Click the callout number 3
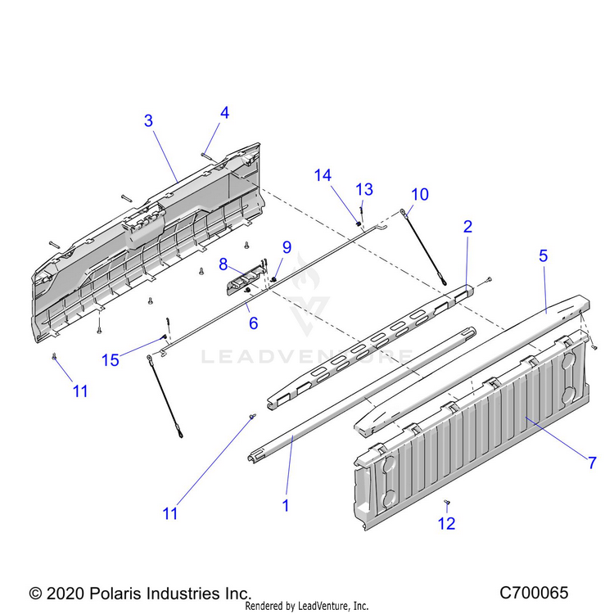[148, 120]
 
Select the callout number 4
[224, 113]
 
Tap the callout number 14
[323, 174]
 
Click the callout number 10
[419, 194]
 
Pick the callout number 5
[542, 255]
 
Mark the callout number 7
[592, 462]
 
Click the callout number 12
[448, 524]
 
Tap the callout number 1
[285, 506]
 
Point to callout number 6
[253, 323]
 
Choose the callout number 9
[287, 246]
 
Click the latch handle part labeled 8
[242, 282]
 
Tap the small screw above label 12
[447, 502]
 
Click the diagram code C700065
[533, 592]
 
